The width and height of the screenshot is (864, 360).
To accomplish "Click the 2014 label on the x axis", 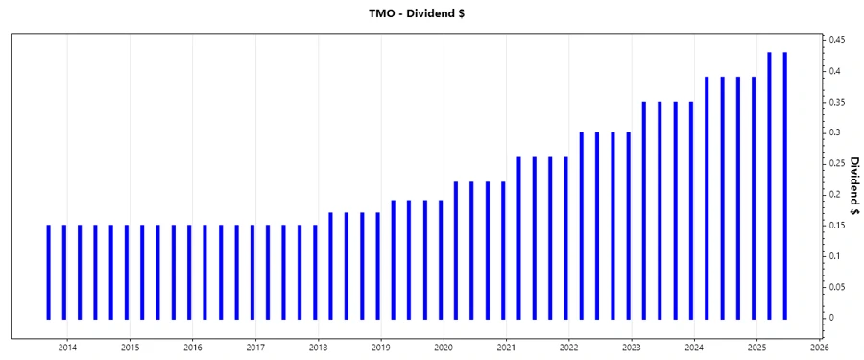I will pyautogui.click(x=67, y=347).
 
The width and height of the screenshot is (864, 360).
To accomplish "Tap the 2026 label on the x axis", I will pyautogui.click(x=820, y=347).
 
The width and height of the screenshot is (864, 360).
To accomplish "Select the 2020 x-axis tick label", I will pyautogui.click(x=444, y=347).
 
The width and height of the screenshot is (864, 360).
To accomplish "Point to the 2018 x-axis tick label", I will pyautogui.click(x=318, y=347).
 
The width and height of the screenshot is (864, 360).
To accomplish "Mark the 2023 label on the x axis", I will pyautogui.click(x=632, y=347).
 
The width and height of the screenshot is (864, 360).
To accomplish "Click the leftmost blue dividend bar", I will pyautogui.click(x=48, y=272).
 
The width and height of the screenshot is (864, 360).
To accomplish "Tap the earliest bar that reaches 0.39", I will pyautogui.click(x=707, y=198).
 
